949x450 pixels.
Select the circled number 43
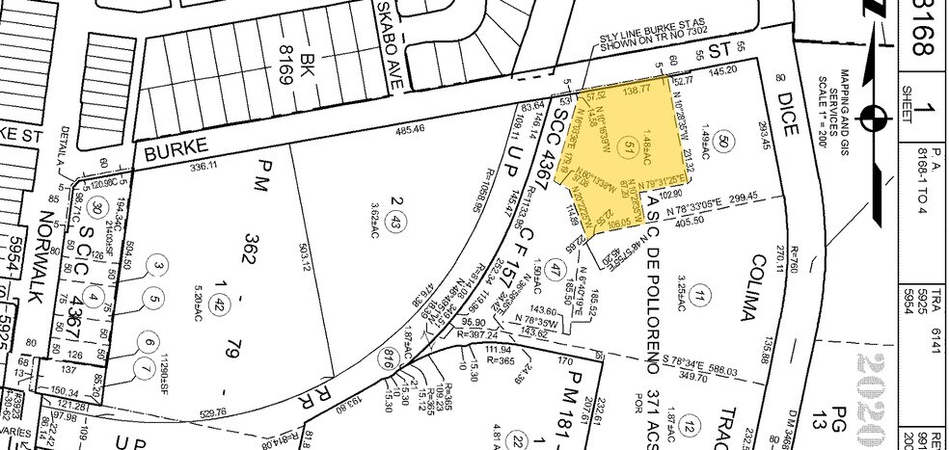point(394,224)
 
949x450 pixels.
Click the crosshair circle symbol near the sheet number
point(877,119)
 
